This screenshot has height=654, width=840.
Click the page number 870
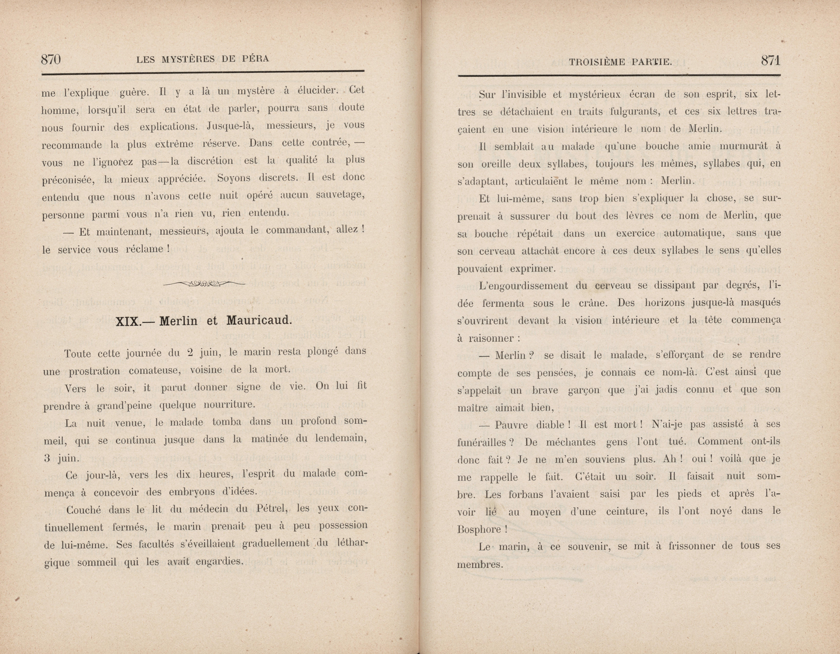pyautogui.click(x=51, y=60)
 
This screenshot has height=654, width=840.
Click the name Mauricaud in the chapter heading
pyautogui.click(x=259, y=320)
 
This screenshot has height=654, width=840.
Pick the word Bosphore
pyautogui.click(x=479, y=529)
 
